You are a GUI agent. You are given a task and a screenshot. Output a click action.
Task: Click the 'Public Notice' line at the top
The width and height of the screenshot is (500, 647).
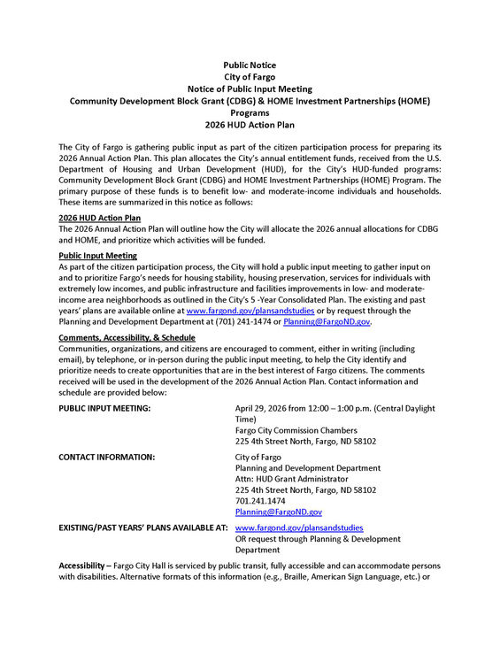click(250, 65)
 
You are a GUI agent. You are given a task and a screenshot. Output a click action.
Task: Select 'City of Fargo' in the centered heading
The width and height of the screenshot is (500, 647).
click(250, 78)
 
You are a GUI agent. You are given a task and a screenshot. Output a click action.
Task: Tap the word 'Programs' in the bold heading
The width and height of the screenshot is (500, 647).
click(250, 113)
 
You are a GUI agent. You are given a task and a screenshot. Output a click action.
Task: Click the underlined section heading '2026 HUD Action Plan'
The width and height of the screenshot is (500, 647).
click(98, 218)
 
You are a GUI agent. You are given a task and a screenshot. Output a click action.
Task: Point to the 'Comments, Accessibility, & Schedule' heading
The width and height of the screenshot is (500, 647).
click(127, 338)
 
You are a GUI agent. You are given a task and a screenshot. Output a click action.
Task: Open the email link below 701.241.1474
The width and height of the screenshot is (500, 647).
click(279, 512)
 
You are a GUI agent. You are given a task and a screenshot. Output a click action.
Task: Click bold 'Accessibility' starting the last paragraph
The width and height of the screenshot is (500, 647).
click(87, 566)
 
